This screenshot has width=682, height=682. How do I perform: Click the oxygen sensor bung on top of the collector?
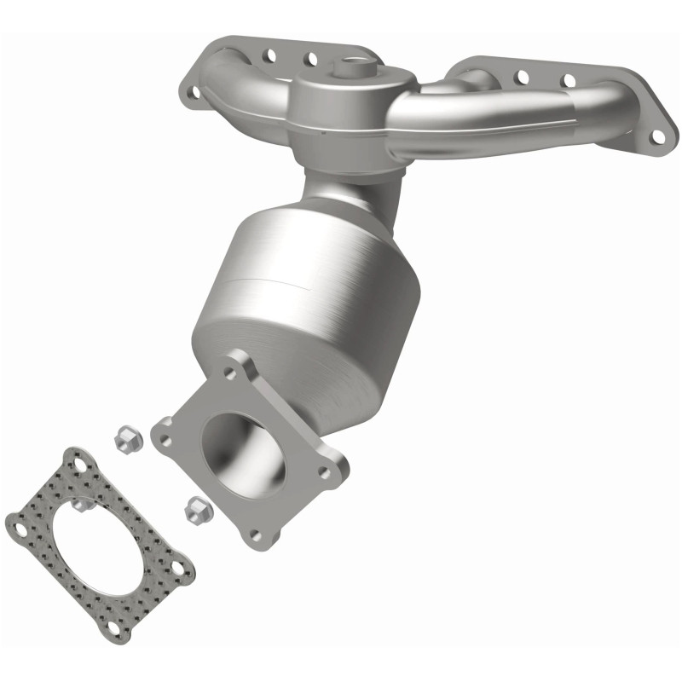click(x=353, y=66)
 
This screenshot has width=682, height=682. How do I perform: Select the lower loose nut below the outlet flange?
click(x=194, y=510)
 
